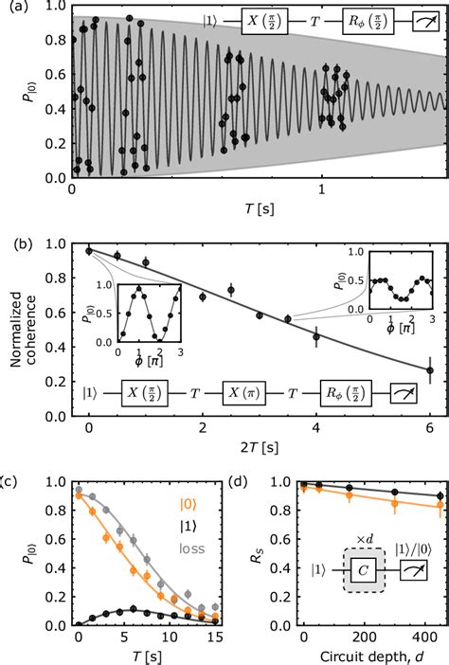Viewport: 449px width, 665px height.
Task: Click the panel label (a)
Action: pos(13,9)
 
